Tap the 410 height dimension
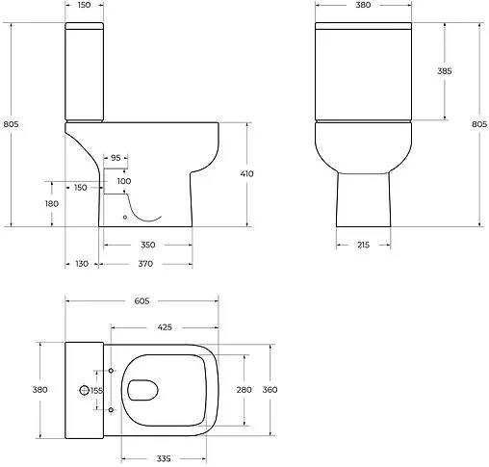[246, 174]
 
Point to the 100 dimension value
[124, 181]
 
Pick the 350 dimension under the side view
[147, 245]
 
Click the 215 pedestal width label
[363, 246]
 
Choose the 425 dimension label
[164, 327]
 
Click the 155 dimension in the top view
[96, 390]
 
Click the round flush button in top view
[85, 390]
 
